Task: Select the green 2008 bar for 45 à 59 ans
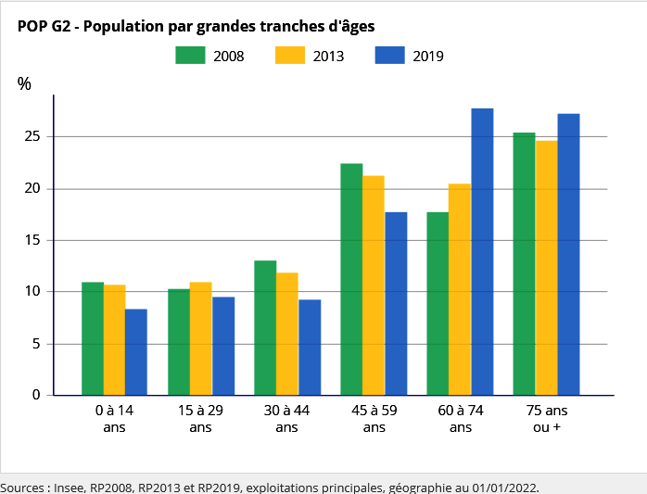(x=351, y=279)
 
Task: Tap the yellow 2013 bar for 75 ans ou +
(x=546, y=268)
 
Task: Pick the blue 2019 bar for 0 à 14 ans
(x=136, y=352)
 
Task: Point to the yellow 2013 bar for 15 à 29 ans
(x=200, y=338)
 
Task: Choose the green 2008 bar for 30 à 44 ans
(x=265, y=328)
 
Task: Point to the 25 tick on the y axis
(x=34, y=137)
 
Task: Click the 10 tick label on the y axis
(x=34, y=292)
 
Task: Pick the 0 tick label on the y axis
(x=37, y=395)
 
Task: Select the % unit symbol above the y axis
(x=24, y=83)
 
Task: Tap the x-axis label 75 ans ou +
(x=547, y=418)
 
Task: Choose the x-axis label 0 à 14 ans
(x=114, y=418)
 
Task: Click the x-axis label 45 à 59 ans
(x=374, y=418)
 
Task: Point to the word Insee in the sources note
(x=69, y=487)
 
